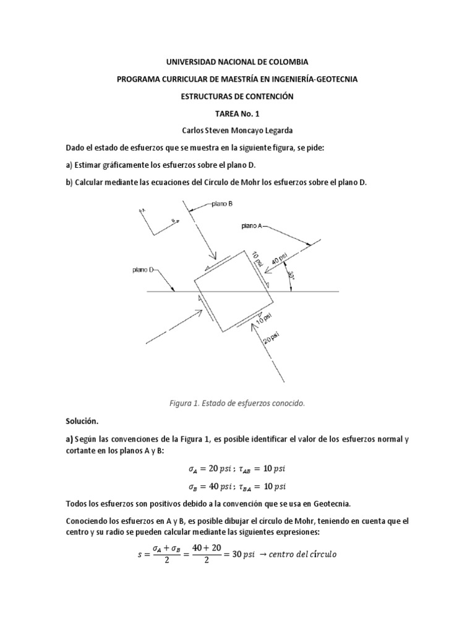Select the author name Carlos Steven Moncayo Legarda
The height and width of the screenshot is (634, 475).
237,131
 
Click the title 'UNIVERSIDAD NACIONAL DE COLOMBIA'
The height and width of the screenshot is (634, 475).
237,63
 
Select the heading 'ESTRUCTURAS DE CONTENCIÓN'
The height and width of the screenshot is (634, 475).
237,97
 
